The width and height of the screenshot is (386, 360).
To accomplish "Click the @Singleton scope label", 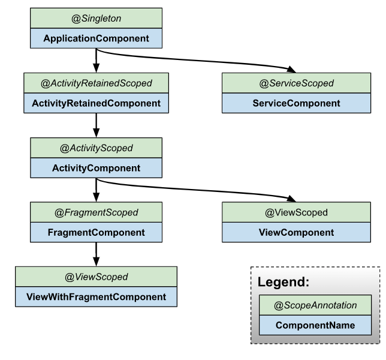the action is tap(96, 18).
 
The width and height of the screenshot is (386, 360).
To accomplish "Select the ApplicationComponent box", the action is tap(96, 38).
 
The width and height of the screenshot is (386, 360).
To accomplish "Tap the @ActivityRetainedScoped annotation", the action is tap(96, 83).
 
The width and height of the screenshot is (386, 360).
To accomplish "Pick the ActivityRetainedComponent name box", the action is tap(96, 103).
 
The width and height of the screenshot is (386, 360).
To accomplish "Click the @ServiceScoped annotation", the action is tap(296, 83).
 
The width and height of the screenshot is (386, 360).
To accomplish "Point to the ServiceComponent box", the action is tap(296, 103).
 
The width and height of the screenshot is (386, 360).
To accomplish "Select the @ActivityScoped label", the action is tap(96, 148).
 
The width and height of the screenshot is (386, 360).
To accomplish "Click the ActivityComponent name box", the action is tap(96, 168).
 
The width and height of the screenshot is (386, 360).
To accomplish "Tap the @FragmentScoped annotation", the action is tap(96, 212).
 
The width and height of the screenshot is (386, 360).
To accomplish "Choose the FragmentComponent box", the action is tap(96, 232).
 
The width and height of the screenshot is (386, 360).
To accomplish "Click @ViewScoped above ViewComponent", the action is tap(296, 212).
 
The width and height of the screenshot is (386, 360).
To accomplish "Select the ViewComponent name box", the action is tap(296, 232).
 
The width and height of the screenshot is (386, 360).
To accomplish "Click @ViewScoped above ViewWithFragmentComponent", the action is tap(96, 277).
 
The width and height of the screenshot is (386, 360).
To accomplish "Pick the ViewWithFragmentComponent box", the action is tap(96, 296).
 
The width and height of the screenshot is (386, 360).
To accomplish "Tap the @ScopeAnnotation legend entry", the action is tap(315, 305).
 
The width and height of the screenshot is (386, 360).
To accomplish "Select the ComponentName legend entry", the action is tap(315, 325).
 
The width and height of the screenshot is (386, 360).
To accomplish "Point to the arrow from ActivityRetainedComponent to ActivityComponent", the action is tap(96, 125).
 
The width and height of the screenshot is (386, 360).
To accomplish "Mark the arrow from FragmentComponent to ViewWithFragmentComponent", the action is tap(96, 254).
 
